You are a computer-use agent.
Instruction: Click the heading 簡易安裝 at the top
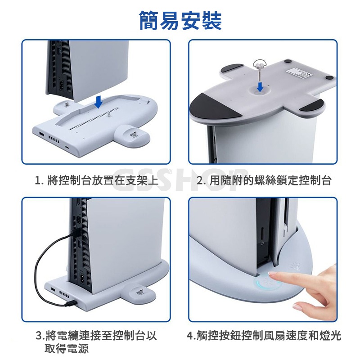[x=180, y=21]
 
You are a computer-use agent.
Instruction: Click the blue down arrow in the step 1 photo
[x=99, y=102]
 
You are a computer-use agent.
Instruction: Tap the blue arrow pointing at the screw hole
[x=260, y=87]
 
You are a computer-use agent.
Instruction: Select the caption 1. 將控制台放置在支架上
[x=97, y=180]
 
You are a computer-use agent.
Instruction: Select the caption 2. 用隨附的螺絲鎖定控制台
[x=264, y=180]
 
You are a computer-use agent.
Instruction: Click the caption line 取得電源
[x=67, y=348]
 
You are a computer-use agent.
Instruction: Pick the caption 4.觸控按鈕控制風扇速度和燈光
[x=264, y=335]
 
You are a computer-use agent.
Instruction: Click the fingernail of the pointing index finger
[x=273, y=274]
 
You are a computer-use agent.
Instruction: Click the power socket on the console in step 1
[x=62, y=83]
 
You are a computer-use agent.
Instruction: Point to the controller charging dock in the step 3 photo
[x=138, y=293]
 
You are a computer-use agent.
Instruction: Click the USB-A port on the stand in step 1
[x=42, y=134]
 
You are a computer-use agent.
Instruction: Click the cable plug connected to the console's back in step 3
[x=76, y=233]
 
